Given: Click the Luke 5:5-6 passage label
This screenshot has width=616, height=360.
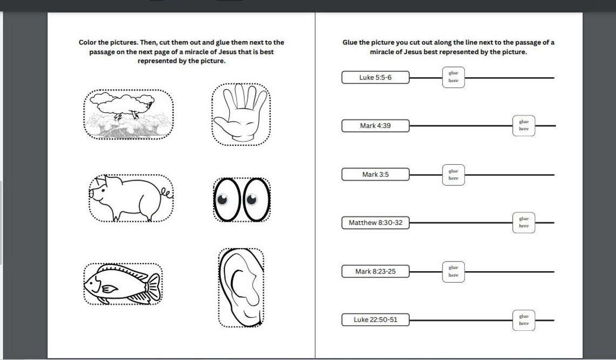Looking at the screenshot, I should point(375,77).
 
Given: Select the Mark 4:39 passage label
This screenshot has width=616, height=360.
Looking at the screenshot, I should point(375,126).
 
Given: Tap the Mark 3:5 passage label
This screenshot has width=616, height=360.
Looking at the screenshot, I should point(375,175).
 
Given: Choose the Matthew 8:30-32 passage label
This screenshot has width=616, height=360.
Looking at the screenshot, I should point(375,223).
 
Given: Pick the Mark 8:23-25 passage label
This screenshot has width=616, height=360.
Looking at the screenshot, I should point(375,271).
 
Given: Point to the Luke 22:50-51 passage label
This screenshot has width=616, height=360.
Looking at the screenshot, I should point(375,319).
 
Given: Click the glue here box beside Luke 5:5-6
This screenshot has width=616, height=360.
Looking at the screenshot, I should point(453,77).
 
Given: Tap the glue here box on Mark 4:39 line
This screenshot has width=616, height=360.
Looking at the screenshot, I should point(524,125).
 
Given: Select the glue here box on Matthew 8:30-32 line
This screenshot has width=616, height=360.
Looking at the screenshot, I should point(524,223).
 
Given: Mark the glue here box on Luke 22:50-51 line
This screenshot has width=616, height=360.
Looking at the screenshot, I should point(524,320).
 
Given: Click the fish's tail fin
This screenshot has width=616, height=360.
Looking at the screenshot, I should point(153,283).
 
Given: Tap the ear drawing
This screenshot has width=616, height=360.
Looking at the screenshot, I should point(241,287).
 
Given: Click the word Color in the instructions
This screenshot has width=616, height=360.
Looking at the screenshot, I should point(89,42).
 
